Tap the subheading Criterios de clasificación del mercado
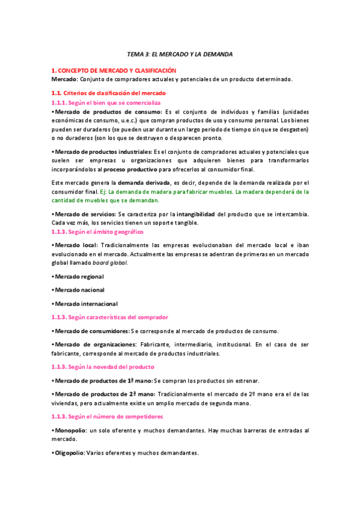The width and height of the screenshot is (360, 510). tap(108, 93)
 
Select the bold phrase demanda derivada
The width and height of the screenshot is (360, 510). tap(143, 182)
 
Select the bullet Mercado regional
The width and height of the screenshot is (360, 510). tap(79, 276)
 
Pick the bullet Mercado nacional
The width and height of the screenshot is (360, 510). tap(79, 290)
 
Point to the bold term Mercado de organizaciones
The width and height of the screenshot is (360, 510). tap(96, 345)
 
